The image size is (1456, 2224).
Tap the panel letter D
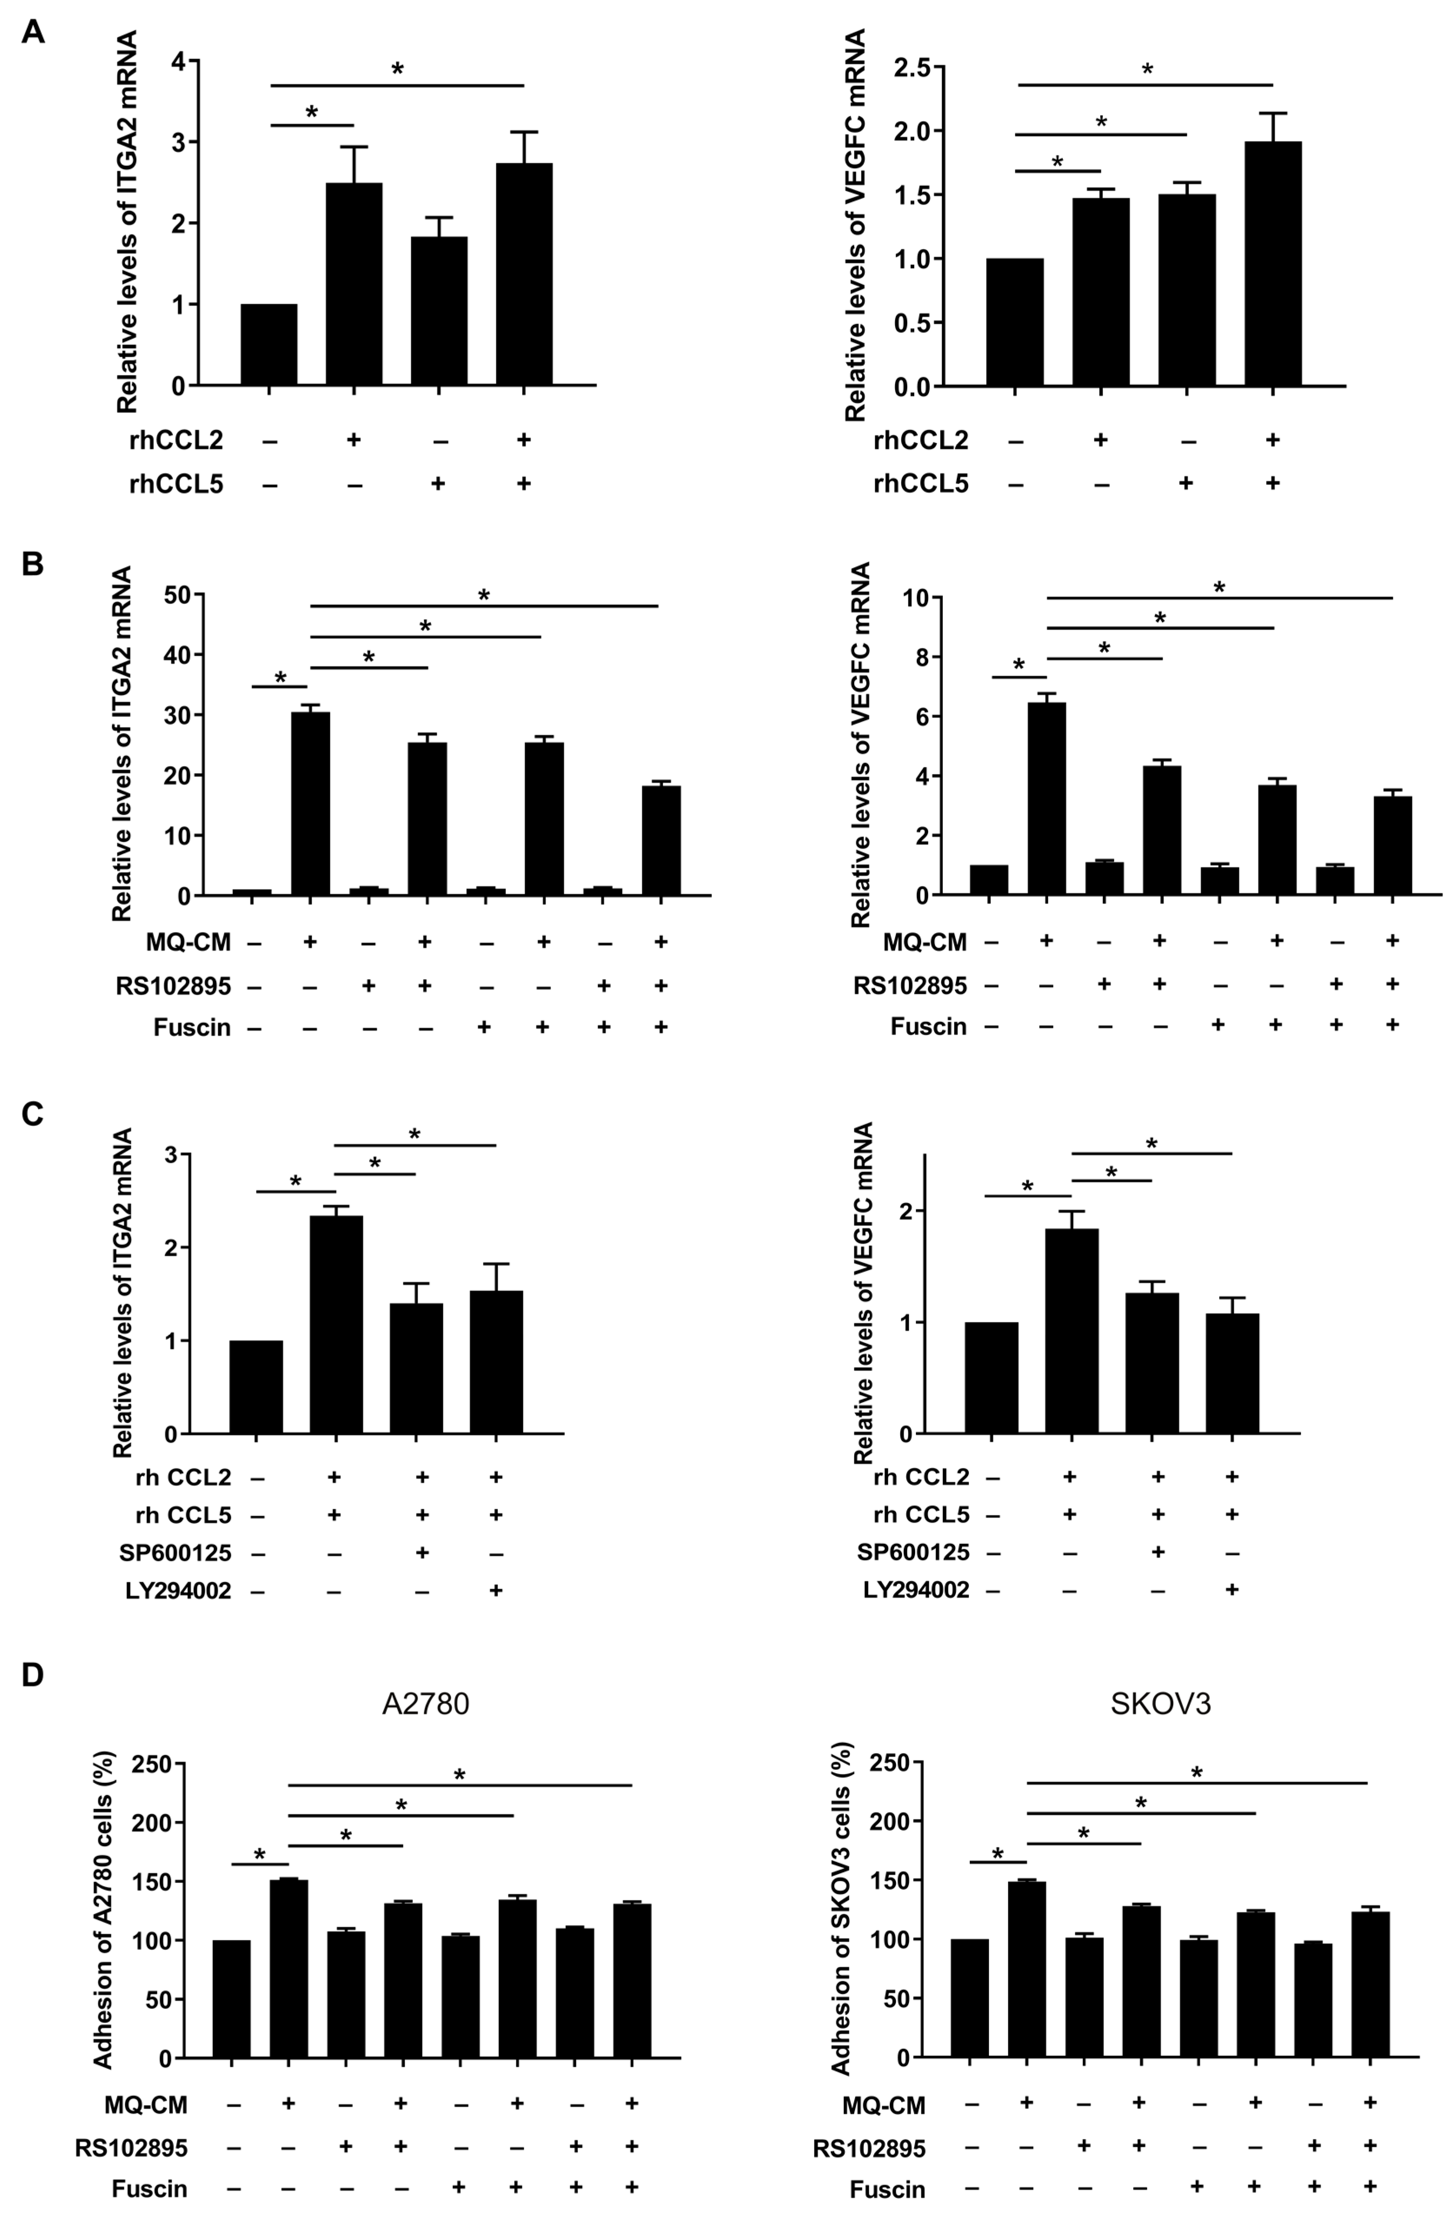(33, 1675)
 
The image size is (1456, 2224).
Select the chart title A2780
(425, 1703)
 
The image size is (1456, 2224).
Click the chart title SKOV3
(1161, 1703)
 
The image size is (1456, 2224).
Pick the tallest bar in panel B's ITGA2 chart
(310, 803)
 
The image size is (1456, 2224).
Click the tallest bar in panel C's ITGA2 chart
(335, 1325)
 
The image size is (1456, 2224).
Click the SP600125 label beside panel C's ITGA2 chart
(175, 1553)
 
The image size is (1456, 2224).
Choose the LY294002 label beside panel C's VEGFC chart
(916, 1590)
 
